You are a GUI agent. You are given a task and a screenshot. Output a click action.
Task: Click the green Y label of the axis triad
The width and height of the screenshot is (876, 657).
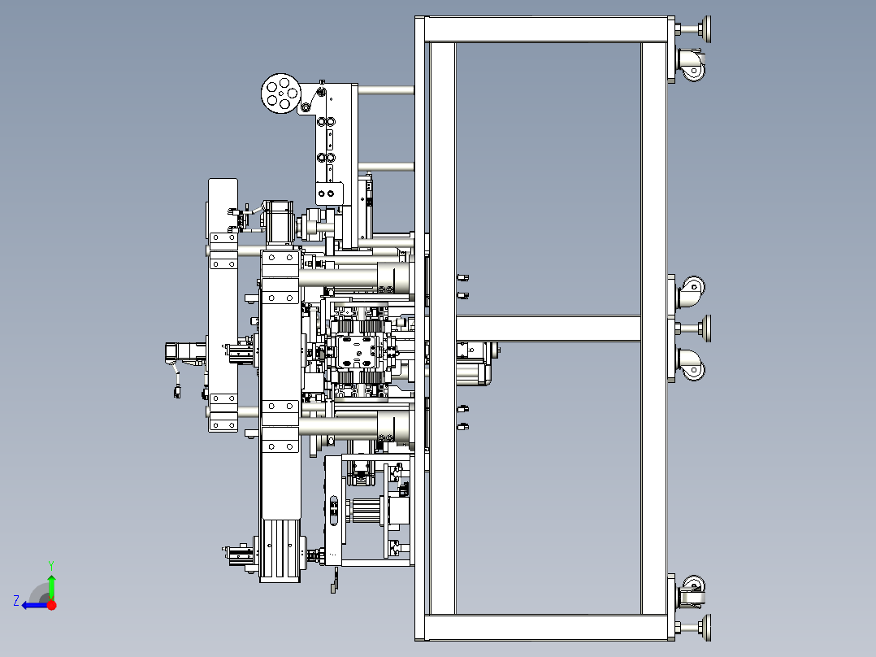pyautogui.click(x=51, y=565)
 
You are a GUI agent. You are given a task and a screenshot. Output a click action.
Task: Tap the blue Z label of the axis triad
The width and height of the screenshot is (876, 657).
pyautogui.click(x=16, y=601)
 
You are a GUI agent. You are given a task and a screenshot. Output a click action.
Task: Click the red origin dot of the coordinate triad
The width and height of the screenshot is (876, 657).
pyautogui.click(x=51, y=605)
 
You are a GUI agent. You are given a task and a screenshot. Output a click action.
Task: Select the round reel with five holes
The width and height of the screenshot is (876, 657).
pyautogui.click(x=281, y=94)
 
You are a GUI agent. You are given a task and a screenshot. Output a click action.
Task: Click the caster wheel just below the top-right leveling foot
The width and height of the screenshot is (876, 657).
pyautogui.click(x=691, y=65)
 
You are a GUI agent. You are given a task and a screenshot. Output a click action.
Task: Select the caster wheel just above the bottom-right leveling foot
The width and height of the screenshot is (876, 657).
pyautogui.click(x=691, y=592)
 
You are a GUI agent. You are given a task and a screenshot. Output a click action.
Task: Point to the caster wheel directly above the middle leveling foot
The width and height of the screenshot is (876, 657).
pyautogui.click(x=691, y=291)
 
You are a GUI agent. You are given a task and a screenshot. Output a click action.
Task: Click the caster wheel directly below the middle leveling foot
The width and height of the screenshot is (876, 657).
pyautogui.click(x=691, y=364)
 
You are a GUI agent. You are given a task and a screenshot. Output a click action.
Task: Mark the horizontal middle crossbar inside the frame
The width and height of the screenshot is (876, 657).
pyautogui.click(x=548, y=328)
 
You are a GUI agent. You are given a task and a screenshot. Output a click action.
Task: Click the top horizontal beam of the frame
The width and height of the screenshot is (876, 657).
pyautogui.click(x=545, y=29)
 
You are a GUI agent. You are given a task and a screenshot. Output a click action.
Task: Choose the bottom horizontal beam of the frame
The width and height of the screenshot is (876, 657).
pyautogui.click(x=545, y=628)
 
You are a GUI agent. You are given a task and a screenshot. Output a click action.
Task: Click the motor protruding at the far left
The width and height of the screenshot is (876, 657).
pyautogui.click(x=185, y=352)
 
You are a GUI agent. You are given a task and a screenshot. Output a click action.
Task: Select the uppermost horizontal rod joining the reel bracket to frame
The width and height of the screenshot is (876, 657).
pyautogui.click(x=386, y=90)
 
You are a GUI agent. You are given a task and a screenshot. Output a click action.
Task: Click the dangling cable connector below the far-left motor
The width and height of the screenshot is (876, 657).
pyautogui.click(x=177, y=390)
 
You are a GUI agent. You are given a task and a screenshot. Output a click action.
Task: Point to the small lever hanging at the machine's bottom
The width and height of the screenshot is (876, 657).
pyautogui.click(x=335, y=580)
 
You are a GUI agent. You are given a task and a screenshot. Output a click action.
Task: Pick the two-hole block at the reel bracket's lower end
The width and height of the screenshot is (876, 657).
pyautogui.click(x=328, y=194)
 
